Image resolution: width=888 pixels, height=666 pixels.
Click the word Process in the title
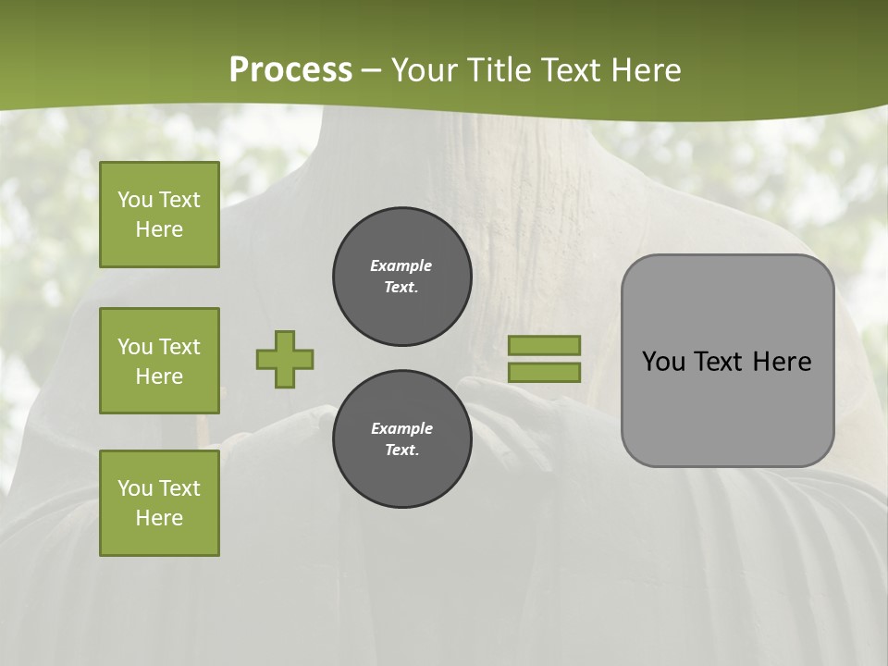pos(290,70)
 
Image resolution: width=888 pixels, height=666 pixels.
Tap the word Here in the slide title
pos(646,70)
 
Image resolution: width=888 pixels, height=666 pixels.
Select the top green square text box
pos(159,215)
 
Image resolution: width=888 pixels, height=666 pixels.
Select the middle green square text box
pos(159,361)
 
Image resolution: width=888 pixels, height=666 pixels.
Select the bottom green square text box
pos(159,503)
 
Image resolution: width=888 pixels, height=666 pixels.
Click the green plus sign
pos(285,359)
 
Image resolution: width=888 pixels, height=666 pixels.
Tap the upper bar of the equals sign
pos(544,345)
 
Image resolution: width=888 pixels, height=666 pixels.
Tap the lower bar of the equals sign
pos(544,372)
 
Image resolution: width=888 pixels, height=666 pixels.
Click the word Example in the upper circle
pos(401,265)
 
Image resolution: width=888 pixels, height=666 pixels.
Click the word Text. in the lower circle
pos(401,450)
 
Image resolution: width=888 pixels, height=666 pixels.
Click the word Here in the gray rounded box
pos(782,362)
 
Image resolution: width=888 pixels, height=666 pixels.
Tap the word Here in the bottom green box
pos(159,518)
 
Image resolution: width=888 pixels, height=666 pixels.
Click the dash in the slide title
pos(372,70)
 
